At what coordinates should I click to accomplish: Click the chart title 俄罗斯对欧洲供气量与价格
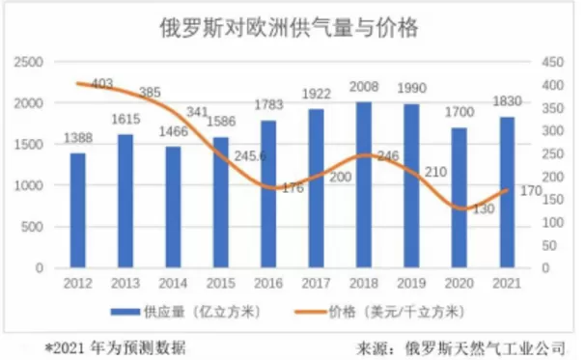pyautogui.click(x=289, y=27)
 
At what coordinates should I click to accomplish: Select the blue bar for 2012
pyautogui.click(x=78, y=210)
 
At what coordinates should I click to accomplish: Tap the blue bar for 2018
pyautogui.click(x=364, y=185)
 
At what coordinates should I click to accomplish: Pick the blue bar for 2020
pyautogui.click(x=460, y=198)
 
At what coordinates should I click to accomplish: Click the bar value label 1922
pyautogui.click(x=317, y=94)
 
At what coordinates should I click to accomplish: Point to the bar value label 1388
pyautogui.click(x=78, y=138)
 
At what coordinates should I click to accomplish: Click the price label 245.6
pyautogui.click(x=250, y=155)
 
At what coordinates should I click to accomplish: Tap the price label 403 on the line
pyautogui.click(x=102, y=84)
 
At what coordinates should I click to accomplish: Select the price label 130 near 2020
pyautogui.click(x=484, y=208)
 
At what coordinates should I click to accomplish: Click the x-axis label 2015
pyautogui.click(x=221, y=283)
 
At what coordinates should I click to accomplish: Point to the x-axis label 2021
pyautogui.click(x=507, y=283)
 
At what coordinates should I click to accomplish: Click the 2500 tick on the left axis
pyautogui.click(x=29, y=62)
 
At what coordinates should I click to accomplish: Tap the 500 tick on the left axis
pyautogui.click(x=32, y=227)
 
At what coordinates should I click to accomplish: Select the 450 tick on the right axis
pyautogui.click(x=553, y=62)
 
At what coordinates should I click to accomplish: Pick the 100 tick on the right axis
pyautogui.click(x=553, y=223)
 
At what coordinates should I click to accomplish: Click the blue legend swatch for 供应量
pyautogui.click(x=126, y=311)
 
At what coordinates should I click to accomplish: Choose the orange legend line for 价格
pyautogui.click(x=310, y=311)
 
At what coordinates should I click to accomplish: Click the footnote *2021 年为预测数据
pyautogui.click(x=115, y=348)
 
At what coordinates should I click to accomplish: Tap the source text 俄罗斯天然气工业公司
pyautogui.click(x=485, y=348)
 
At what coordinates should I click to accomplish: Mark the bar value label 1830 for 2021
pyautogui.click(x=507, y=101)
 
